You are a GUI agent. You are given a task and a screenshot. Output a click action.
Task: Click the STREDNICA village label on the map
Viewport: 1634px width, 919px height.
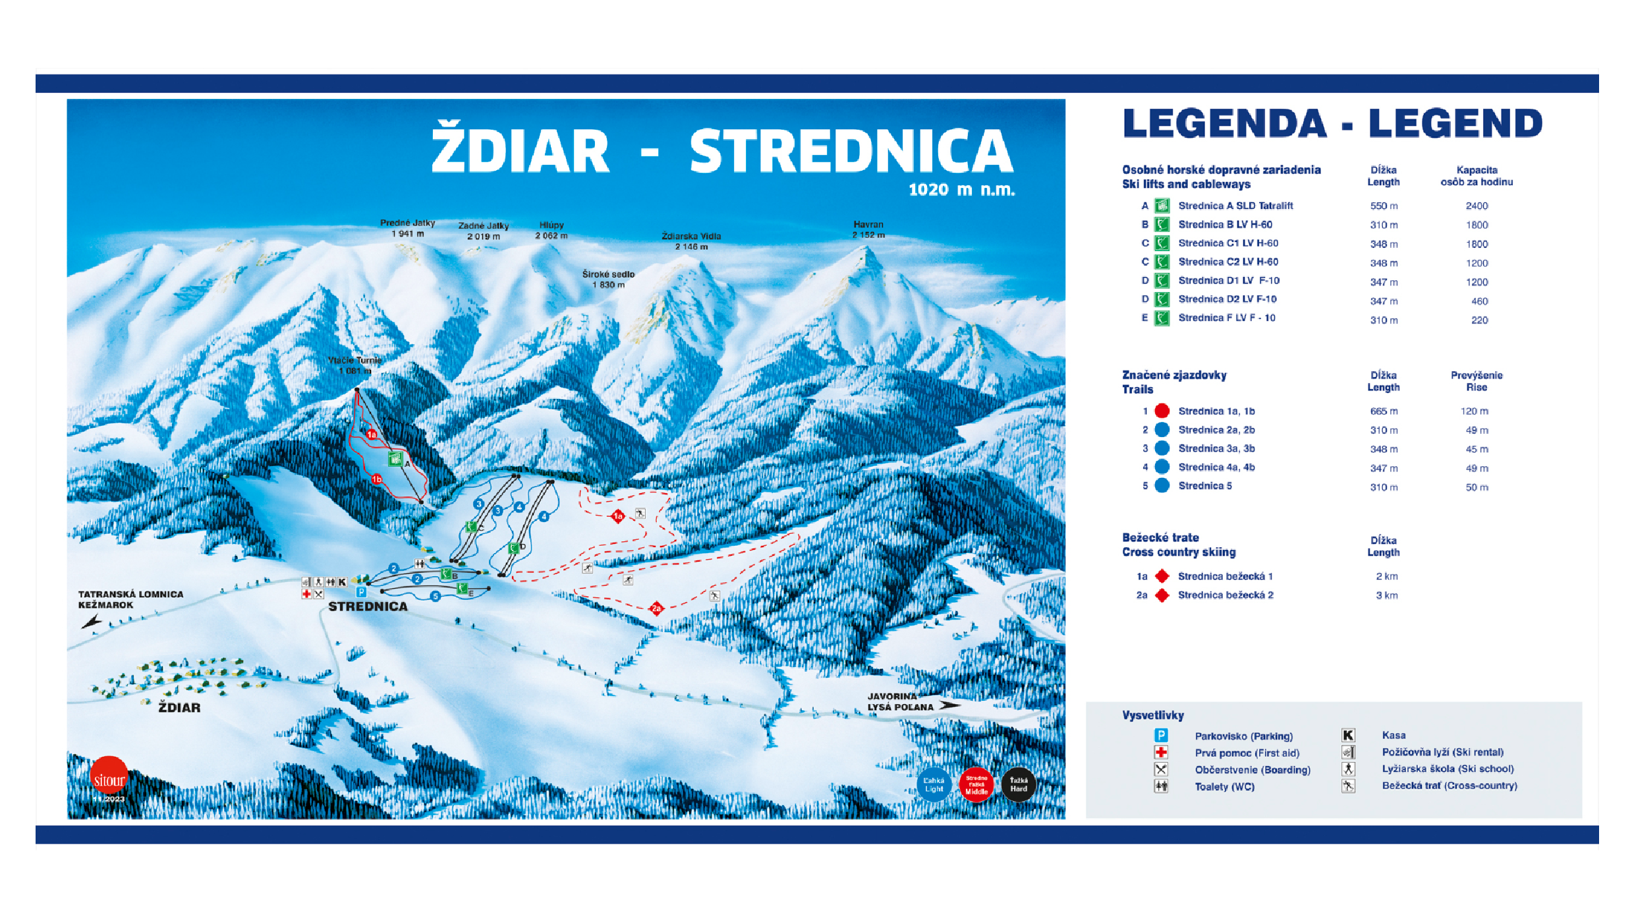(368, 607)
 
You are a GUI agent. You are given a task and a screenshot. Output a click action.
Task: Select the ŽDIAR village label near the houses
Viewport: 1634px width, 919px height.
(179, 707)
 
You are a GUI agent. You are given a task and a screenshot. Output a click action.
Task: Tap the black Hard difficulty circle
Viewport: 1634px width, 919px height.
(1019, 785)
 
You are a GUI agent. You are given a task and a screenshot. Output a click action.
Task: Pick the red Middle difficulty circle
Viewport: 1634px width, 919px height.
(976, 785)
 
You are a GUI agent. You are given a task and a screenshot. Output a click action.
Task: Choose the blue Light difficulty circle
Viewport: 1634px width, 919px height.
(934, 785)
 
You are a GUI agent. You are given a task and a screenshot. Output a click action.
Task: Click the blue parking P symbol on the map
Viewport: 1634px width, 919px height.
(361, 592)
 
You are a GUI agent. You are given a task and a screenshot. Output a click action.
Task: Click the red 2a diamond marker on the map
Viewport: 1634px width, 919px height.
(656, 608)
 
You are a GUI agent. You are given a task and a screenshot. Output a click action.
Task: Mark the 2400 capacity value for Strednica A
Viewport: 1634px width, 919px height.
(1477, 206)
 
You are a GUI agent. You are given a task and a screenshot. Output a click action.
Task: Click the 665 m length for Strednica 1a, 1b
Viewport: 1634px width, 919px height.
(1384, 411)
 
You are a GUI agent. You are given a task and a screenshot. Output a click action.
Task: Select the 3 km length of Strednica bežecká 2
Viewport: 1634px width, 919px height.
(1386, 595)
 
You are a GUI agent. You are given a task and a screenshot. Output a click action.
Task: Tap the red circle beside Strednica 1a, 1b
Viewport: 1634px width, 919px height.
(1162, 411)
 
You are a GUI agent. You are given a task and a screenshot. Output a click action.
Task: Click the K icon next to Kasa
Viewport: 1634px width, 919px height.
(1348, 735)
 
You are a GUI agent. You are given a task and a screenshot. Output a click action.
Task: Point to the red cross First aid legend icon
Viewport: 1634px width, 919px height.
(1161, 752)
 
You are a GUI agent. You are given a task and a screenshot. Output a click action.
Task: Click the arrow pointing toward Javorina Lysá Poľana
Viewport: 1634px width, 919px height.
(949, 705)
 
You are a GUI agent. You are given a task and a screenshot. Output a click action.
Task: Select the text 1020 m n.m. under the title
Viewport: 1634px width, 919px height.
(961, 190)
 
